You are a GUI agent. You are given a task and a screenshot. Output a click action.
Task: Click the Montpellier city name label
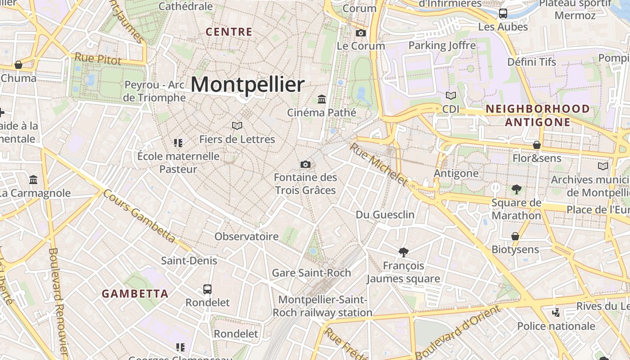(x=248, y=85)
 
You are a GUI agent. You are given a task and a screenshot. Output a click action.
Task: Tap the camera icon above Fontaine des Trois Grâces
(x=306, y=164)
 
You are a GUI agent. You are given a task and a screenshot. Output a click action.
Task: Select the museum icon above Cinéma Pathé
(x=322, y=99)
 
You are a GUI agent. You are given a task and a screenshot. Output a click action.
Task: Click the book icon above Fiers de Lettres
(x=237, y=126)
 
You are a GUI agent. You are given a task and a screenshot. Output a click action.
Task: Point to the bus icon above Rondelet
(x=207, y=289)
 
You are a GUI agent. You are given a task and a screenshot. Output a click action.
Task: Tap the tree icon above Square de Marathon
(x=516, y=189)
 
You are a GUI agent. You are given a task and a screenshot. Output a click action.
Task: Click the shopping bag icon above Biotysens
(x=515, y=236)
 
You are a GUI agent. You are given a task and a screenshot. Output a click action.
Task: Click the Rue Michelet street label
(x=378, y=165)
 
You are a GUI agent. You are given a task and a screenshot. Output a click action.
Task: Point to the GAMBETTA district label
(x=135, y=294)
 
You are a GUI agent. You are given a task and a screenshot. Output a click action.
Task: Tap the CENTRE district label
(x=229, y=32)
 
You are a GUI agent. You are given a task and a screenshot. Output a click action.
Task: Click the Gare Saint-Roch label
(x=311, y=273)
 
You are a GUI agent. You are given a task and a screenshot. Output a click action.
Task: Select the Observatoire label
(x=247, y=237)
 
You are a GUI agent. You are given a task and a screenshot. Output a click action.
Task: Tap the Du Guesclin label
(x=385, y=215)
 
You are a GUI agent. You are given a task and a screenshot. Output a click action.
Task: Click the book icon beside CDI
(x=451, y=95)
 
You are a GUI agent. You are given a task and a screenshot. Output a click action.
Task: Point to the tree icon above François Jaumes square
(x=404, y=252)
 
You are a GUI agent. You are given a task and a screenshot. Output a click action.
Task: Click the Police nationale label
(x=556, y=326)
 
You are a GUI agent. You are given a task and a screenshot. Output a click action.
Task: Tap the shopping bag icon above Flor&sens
(x=537, y=145)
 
